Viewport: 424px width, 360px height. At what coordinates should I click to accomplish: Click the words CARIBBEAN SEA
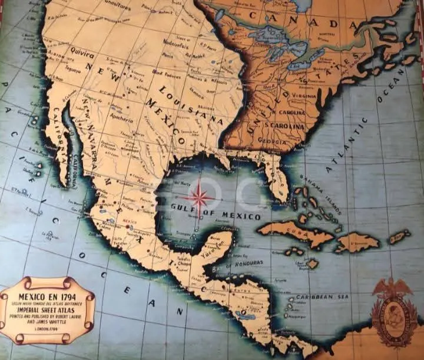(x=323, y=298)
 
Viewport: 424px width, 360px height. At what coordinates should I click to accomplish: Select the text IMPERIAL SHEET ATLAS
(x=46, y=308)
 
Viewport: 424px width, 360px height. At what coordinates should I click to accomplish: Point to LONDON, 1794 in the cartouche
(x=46, y=329)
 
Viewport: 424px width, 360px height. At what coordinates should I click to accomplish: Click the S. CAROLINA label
(x=285, y=126)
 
